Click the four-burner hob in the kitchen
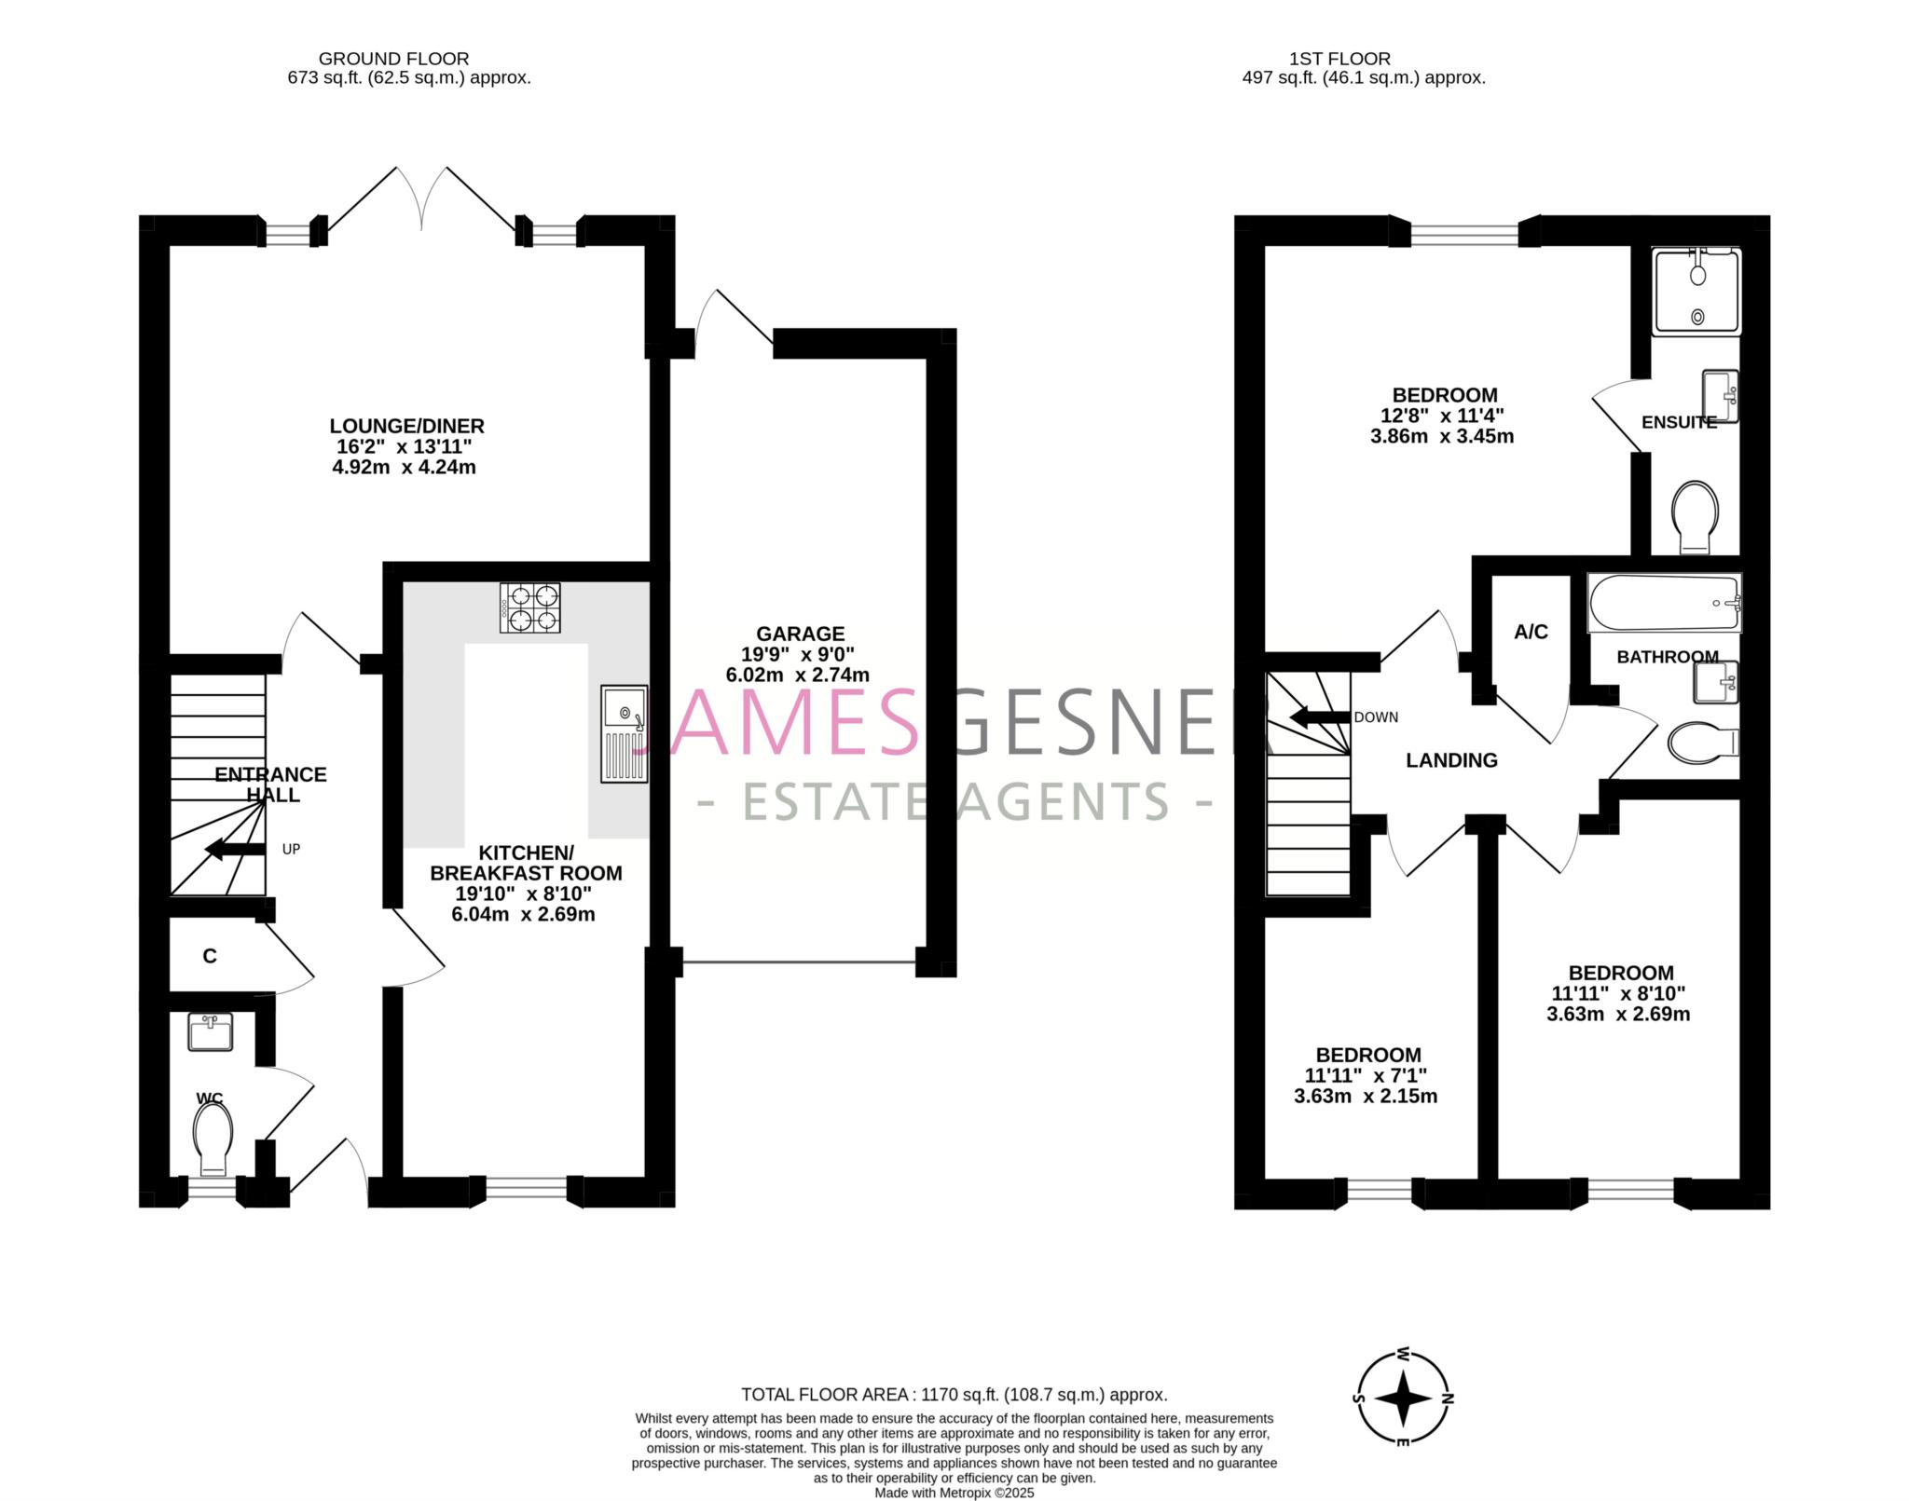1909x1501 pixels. [530, 607]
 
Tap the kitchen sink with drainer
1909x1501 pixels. [625, 733]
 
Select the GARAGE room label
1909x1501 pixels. [800, 634]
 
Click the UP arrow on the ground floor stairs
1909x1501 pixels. [235, 849]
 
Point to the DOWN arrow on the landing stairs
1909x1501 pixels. [1320, 717]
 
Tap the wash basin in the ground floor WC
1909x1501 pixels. [211, 1032]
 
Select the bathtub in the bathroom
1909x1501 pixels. [1664, 604]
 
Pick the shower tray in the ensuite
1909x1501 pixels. [1696, 291]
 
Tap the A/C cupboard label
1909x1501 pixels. [1531, 632]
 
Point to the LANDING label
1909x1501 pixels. [1451, 760]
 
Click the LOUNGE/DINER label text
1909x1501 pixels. [406, 426]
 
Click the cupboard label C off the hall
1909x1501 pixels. [210, 956]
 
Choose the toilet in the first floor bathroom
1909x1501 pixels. [1703, 743]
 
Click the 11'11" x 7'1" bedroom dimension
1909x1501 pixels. [1365, 1075]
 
